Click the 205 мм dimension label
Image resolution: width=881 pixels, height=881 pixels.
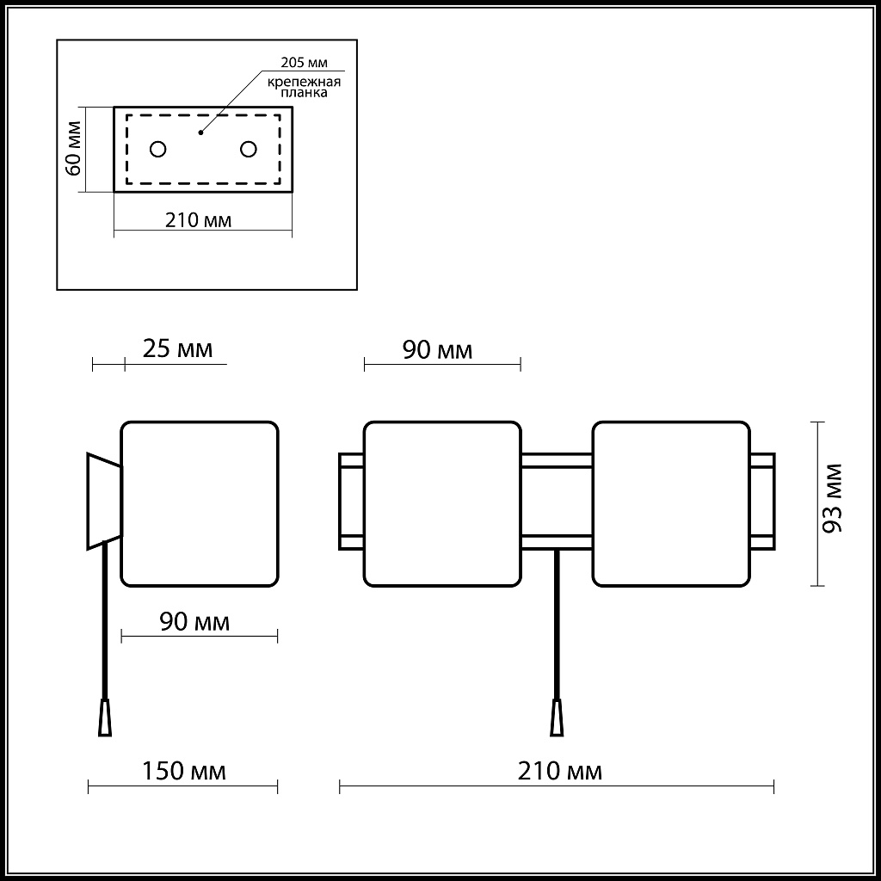tap(304, 62)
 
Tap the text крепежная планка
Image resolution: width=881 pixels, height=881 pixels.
tap(304, 87)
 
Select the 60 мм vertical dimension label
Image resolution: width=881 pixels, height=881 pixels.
tap(74, 149)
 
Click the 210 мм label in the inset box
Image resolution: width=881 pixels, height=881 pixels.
tap(198, 220)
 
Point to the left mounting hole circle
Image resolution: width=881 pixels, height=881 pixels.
tap(158, 149)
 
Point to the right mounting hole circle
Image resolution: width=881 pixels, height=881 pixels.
tap(249, 149)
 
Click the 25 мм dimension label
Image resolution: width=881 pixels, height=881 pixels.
tap(177, 349)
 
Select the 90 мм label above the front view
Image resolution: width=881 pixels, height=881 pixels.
tap(438, 350)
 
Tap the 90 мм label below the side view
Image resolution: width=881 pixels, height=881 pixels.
tap(195, 622)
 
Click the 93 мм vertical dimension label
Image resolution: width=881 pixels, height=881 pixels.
tap(832, 498)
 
